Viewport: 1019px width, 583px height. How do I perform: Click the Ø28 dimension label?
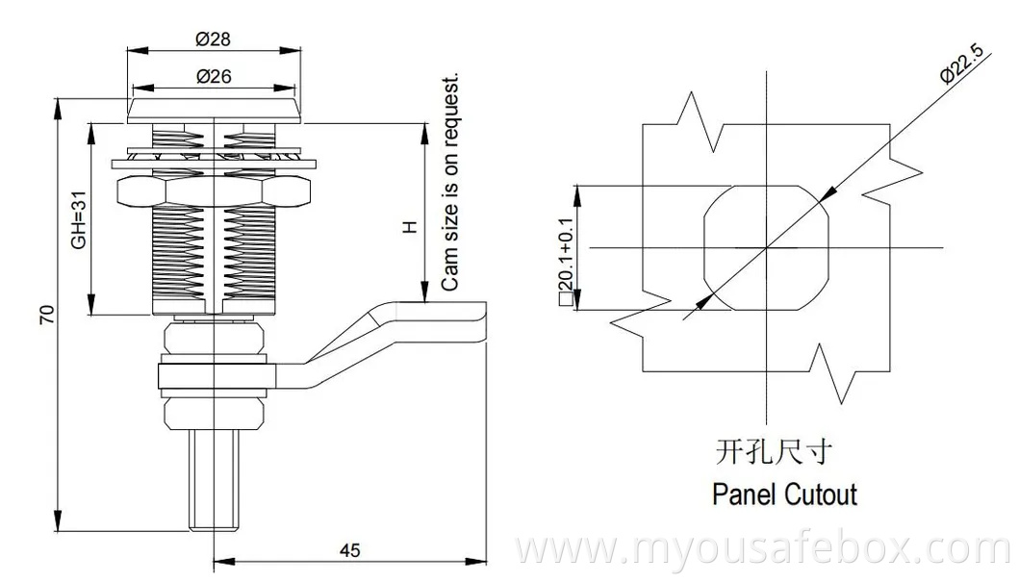(x=213, y=39)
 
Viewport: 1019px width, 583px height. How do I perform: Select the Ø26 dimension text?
(x=213, y=76)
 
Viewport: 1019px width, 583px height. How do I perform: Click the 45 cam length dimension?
(x=350, y=550)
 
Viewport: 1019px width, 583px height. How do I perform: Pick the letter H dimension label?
(x=409, y=228)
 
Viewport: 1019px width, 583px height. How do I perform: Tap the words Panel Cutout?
(x=784, y=494)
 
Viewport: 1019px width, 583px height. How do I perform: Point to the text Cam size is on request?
(x=449, y=183)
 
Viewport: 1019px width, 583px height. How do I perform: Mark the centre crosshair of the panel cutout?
(x=767, y=248)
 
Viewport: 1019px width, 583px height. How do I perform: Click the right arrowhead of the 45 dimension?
(x=480, y=561)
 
